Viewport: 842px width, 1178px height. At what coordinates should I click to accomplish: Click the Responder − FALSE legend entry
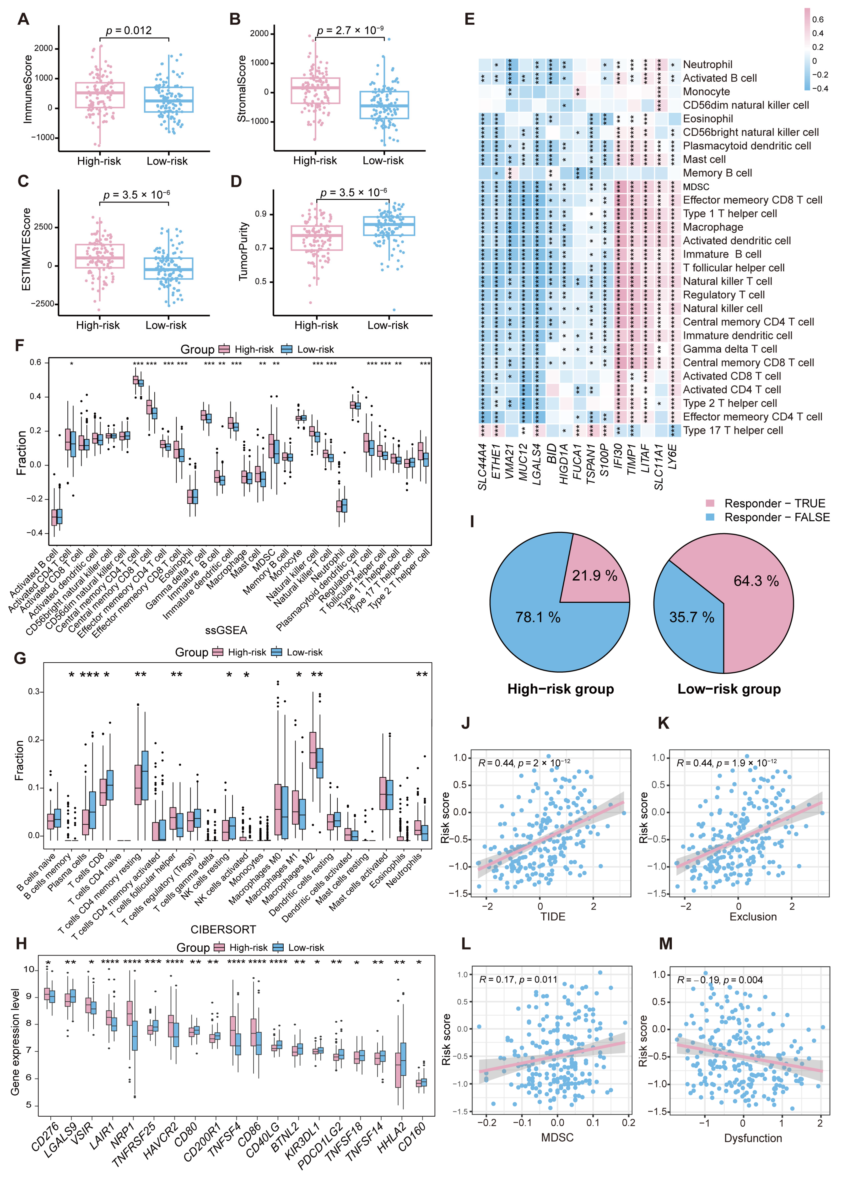click(776, 517)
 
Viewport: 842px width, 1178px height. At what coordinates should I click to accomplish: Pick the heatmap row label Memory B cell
click(717, 173)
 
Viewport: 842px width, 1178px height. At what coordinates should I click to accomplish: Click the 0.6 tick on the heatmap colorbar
click(818, 20)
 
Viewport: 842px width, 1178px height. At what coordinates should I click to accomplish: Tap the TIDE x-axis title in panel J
click(553, 916)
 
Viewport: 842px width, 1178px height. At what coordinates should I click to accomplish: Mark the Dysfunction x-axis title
click(753, 1138)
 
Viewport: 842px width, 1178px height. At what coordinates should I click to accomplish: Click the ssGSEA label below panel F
click(226, 630)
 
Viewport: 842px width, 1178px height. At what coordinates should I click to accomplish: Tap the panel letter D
click(236, 181)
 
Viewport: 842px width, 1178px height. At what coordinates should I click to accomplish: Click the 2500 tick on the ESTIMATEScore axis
click(43, 227)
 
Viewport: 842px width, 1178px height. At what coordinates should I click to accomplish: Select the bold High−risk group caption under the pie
click(561, 689)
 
